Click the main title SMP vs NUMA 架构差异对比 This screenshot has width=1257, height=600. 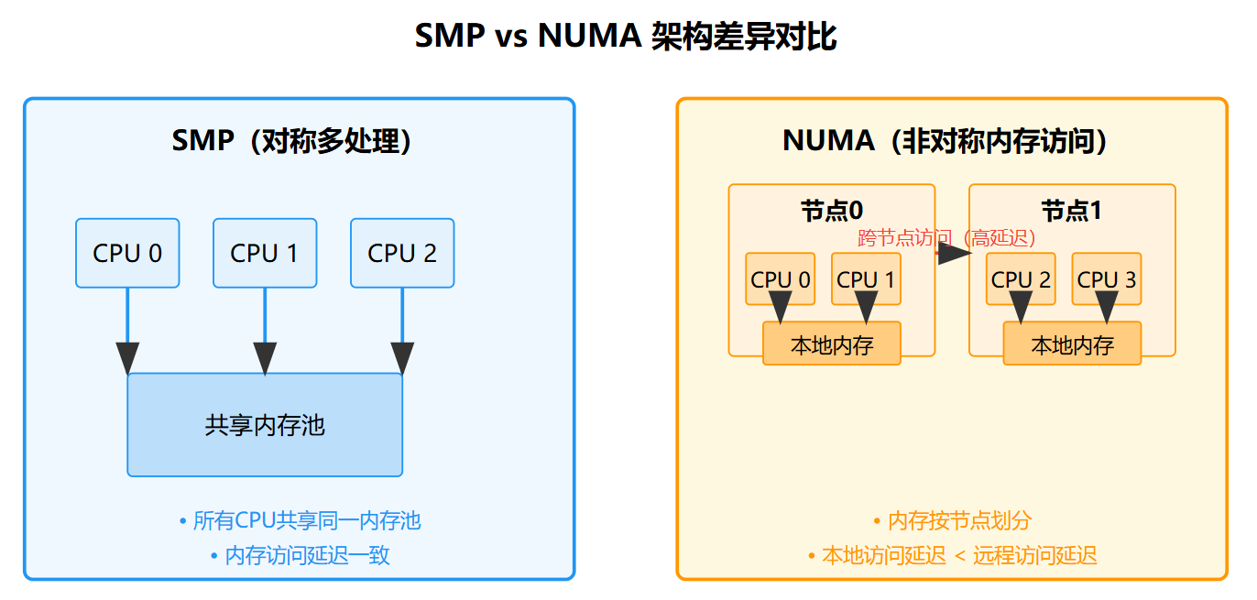626,38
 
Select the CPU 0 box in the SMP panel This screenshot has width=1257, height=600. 127,253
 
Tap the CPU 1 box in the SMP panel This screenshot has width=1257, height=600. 265,253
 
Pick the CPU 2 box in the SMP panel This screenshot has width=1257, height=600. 402,253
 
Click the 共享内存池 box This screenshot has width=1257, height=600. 265,425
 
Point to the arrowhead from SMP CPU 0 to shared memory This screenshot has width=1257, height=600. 127,358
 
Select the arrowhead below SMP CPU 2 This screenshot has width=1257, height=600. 402,358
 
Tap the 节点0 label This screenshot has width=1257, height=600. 832,211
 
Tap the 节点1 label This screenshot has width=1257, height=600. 1072,211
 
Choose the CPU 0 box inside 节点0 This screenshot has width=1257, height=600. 780,278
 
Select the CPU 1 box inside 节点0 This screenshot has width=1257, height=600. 866,278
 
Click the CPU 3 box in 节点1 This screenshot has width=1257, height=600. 1107,278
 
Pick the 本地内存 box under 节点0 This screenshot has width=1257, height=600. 832,344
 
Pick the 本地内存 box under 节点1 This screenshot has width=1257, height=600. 1072,344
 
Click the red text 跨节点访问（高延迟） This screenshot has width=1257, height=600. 946,238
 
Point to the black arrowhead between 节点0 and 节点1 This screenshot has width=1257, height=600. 954,254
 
